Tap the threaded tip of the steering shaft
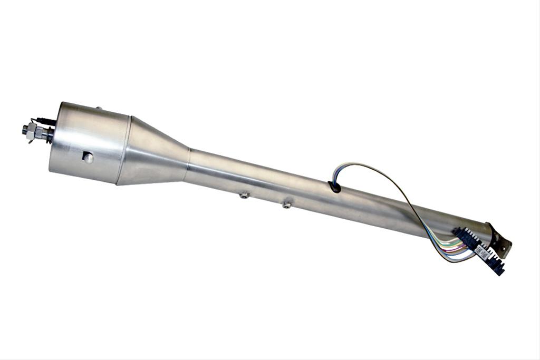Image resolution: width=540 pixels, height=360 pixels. pyautogui.click(x=25, y=129)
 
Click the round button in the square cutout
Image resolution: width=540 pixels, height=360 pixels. pyautogui.click(x=88, y=158)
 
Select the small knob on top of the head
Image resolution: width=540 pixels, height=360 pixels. pyautogui.click(x=98, y=108)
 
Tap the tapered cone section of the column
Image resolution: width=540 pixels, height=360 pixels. pyautogui.click(x=156, y=153)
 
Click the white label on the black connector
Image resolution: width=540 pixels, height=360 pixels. pyautogui.click(x=481, y=251)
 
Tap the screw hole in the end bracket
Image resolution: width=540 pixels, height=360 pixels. pyautogui.click(x=508, y=246)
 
